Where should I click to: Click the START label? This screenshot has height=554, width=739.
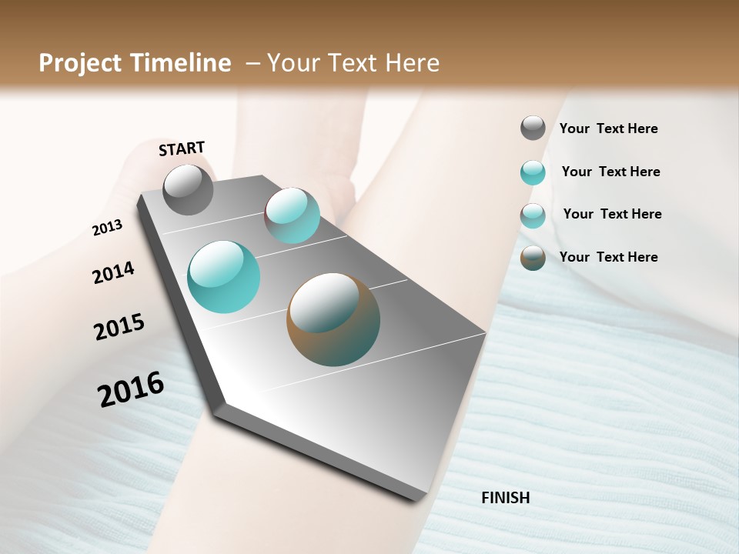182,149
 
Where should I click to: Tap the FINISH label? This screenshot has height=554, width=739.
505,498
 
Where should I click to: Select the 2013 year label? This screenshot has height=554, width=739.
107,228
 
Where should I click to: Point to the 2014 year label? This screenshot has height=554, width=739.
113,272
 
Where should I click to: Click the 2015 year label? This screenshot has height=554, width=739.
119,327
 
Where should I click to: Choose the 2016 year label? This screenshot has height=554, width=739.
131,389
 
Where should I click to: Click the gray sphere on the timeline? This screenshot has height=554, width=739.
188,189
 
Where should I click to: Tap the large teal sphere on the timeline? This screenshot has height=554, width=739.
223,277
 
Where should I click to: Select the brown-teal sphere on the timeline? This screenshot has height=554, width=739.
333,319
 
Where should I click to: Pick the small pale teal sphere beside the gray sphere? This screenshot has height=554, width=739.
292,215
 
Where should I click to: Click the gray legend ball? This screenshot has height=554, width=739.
533,128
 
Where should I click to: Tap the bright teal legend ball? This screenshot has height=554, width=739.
533,172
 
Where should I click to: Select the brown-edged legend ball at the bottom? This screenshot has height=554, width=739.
533,258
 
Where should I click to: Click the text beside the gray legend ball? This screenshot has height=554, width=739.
608,129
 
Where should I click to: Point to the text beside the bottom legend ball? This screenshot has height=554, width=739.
608,257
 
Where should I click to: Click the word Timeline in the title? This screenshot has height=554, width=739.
182,63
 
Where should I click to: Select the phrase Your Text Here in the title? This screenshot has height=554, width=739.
353,63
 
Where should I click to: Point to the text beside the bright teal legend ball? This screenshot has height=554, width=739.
610,172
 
